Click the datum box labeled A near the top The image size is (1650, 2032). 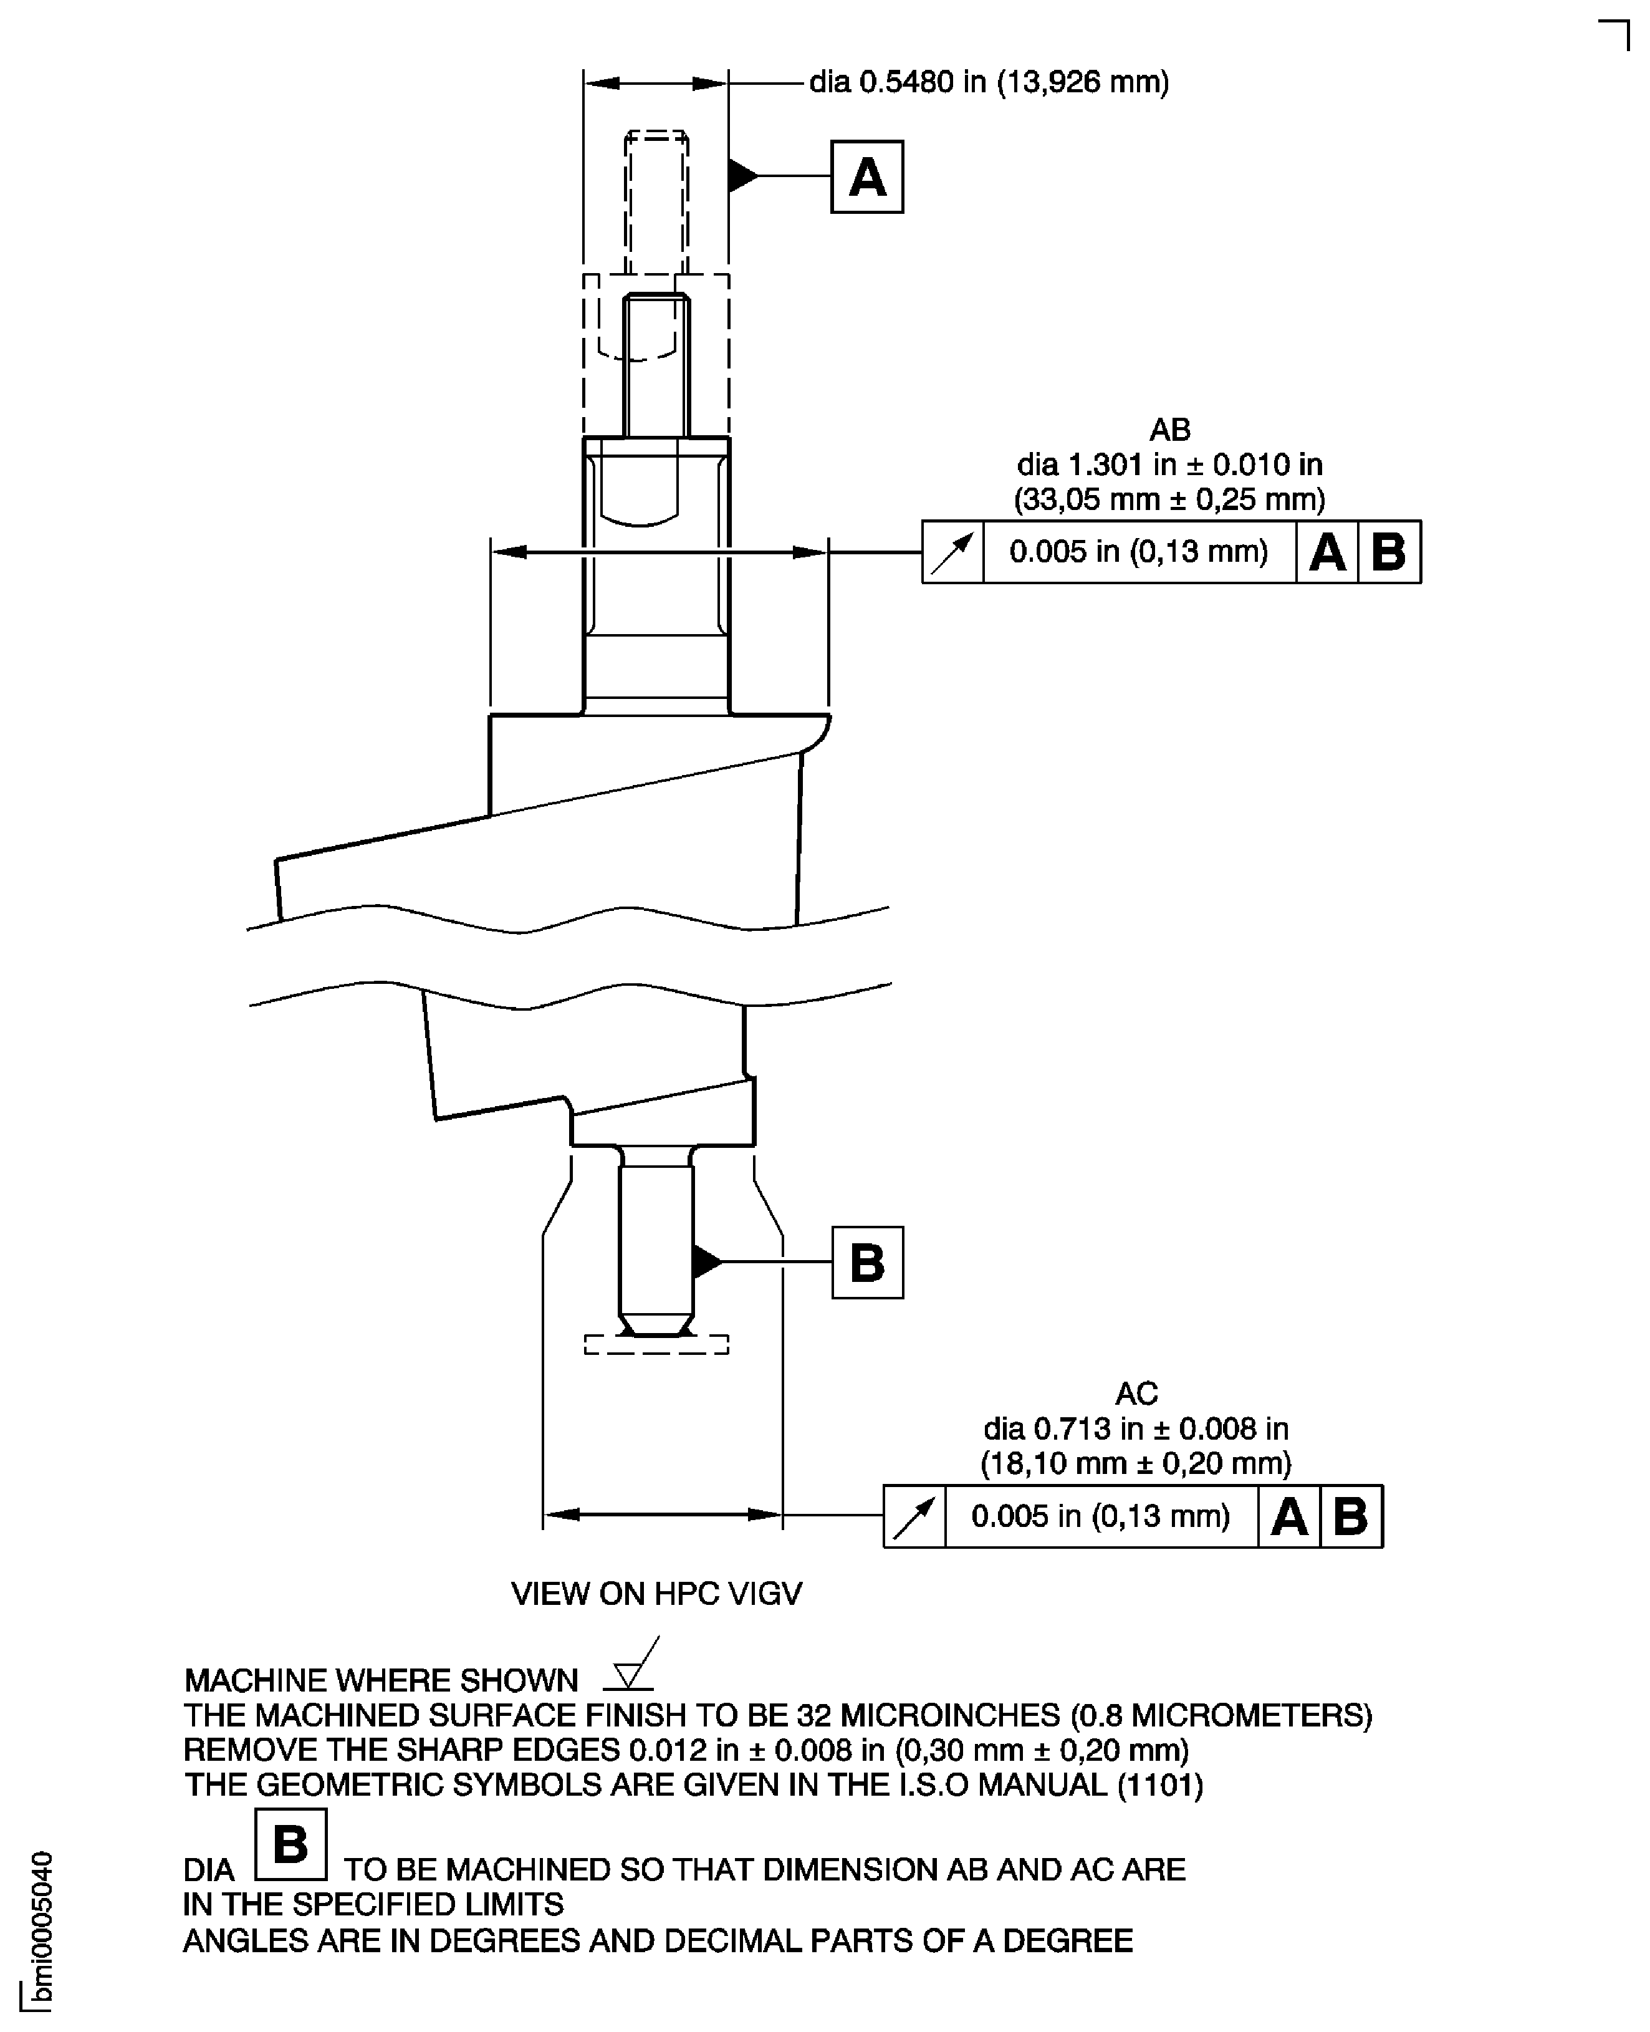(867, 177)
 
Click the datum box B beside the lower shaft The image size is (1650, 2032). (867, 1263)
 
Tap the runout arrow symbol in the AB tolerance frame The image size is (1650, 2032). (952, 552)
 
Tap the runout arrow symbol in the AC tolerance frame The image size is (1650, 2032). (914, 1516)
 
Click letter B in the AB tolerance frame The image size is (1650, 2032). (1389, 552)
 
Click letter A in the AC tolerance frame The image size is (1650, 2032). (1289, 1516)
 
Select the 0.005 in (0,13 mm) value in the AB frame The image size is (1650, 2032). (1139, 552)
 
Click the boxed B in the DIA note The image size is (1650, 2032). (291, 1845)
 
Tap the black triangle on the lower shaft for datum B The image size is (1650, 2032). (707, 1262)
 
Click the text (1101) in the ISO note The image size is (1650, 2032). (1159, 1784)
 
